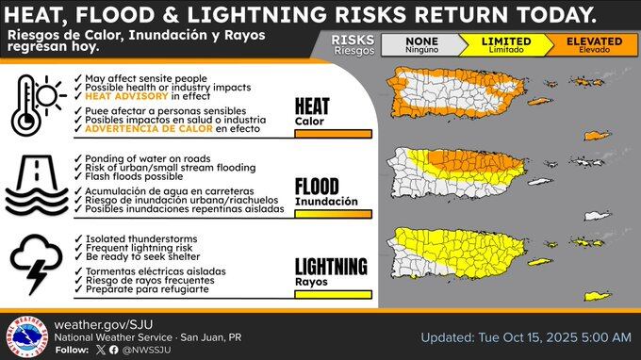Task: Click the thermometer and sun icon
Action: (x=39, y=105)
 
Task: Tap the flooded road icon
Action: (x=37, y=185)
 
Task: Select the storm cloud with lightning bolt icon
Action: (x=37, y=264)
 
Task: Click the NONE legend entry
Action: (x=421, y=44)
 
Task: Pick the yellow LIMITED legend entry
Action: (x=506, y=44)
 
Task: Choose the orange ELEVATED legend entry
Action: (x=594, y=44)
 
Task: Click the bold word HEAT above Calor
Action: (x=312, y=106)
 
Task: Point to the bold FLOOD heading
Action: (x=317, y=187)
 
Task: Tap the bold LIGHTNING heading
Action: (x=331, y=267)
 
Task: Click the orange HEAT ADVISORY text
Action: (x=126, y=96)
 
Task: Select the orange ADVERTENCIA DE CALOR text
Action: (x=149, y=129)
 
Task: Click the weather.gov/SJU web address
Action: (x=104, y=324)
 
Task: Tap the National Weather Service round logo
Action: (x=27, y=337)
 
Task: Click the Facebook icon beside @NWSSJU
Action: (x=114, y=350)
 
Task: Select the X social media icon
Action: (x=101, y=350)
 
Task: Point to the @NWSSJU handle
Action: (x=146, y=351)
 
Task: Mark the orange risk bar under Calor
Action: (x=333, y=134)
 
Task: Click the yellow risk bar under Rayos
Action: (x=333, y=294)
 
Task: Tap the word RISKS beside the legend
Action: (x=353, y=40)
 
